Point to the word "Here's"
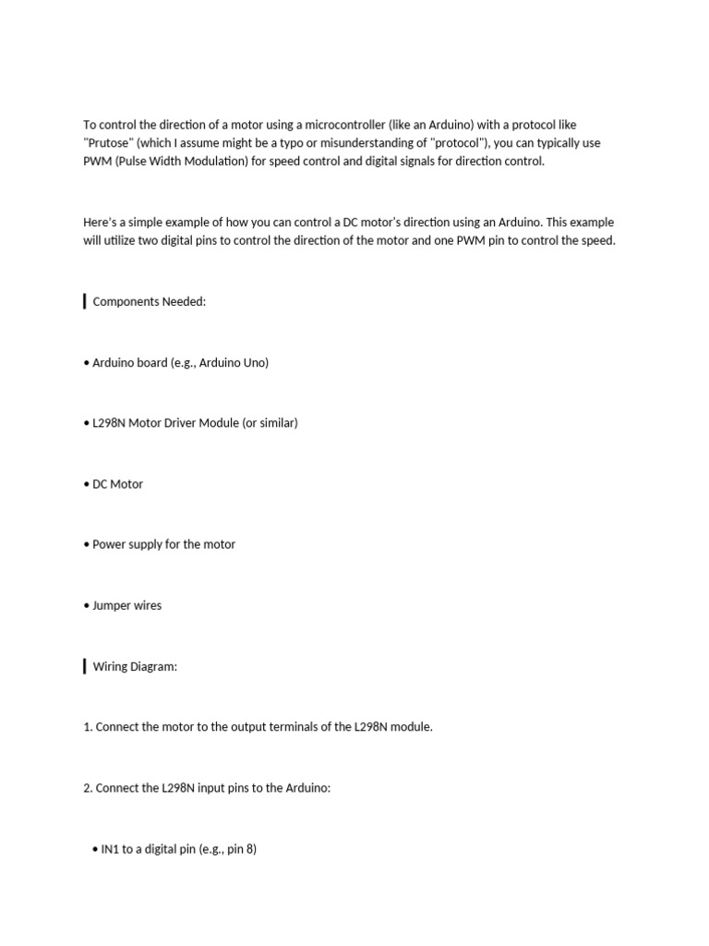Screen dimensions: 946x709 coord(100,223)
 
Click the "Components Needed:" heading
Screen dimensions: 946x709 coord(150,302)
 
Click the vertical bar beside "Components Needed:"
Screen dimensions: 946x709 coord(85,302)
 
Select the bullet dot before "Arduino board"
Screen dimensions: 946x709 coord(87,363)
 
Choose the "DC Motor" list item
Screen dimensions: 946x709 coord(117,484)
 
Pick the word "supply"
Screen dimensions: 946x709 coord(144,544)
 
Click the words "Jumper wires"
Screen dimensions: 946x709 coord(127,605)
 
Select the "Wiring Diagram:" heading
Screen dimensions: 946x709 coord(135,666)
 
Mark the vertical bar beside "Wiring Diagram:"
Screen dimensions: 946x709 coord(85,666)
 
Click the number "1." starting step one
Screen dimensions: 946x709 coord(88,727)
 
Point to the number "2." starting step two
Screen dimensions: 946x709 coord(88,788)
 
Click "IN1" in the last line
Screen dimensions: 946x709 coord(110,849)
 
